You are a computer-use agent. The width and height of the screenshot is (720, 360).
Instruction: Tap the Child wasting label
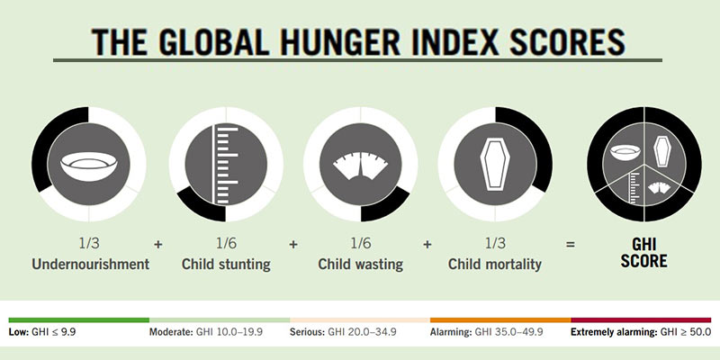360,265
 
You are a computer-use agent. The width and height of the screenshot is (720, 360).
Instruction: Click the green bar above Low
78,319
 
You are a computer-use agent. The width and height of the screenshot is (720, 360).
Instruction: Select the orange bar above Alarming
499,319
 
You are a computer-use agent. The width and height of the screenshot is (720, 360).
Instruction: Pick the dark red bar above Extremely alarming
641,319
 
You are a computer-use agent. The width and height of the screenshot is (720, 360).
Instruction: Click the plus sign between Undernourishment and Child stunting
158,244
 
